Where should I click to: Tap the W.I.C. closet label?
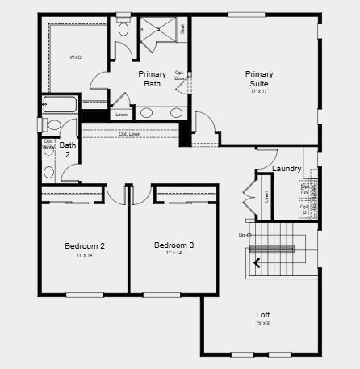tap(77, 57)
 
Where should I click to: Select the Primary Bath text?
tap(152, 78)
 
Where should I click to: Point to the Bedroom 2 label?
tap(85, 245)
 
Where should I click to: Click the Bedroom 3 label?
tap(174, 245)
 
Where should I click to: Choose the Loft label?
tap(263, 314)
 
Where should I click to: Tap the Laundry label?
tap(287, 169)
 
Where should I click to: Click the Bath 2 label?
tap(68, 150)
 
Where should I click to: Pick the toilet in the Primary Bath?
tap(123, 30)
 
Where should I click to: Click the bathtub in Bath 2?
tap(61, 104)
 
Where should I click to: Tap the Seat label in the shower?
tap(182, 28)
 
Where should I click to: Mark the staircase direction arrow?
tap(258, 262)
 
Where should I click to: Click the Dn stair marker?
tap(242, 235)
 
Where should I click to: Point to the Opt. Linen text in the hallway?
tap(129, 134)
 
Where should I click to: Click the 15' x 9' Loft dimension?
tap(263, 323)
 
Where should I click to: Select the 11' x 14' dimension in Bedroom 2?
tap(85, 255)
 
